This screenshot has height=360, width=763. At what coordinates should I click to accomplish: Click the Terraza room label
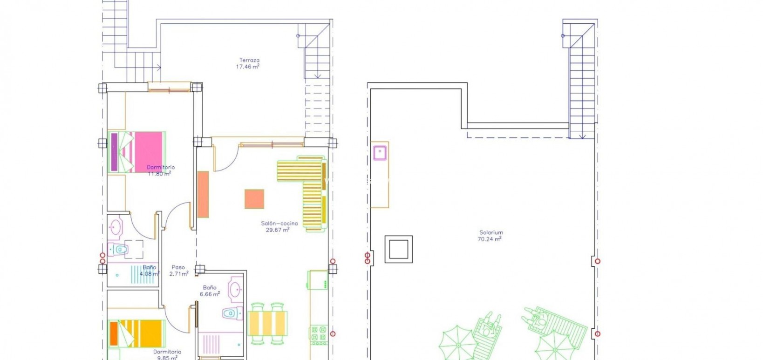pos(249,60)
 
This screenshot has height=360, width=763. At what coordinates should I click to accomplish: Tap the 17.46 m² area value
pos(247,67)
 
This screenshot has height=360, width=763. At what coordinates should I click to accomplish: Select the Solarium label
pos(491,232)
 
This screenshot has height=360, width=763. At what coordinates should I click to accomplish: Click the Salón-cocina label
pos(279,224)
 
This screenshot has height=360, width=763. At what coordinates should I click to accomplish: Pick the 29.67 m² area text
pos(278,230)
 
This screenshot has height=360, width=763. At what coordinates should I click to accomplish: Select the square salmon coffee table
pos(254,199)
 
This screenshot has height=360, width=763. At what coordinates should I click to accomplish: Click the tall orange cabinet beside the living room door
pos(203,194)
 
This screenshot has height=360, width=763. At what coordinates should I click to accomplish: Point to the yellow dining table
pos(267,323)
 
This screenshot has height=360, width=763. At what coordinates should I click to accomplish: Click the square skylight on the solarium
pos(398,249)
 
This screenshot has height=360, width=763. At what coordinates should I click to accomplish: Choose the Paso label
pos(178,267)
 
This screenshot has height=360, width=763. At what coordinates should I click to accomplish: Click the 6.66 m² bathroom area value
pos(210,294)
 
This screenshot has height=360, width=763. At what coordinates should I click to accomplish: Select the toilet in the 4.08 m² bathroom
pos(118,250)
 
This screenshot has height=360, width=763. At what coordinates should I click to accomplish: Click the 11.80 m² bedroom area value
pos(159,174)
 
